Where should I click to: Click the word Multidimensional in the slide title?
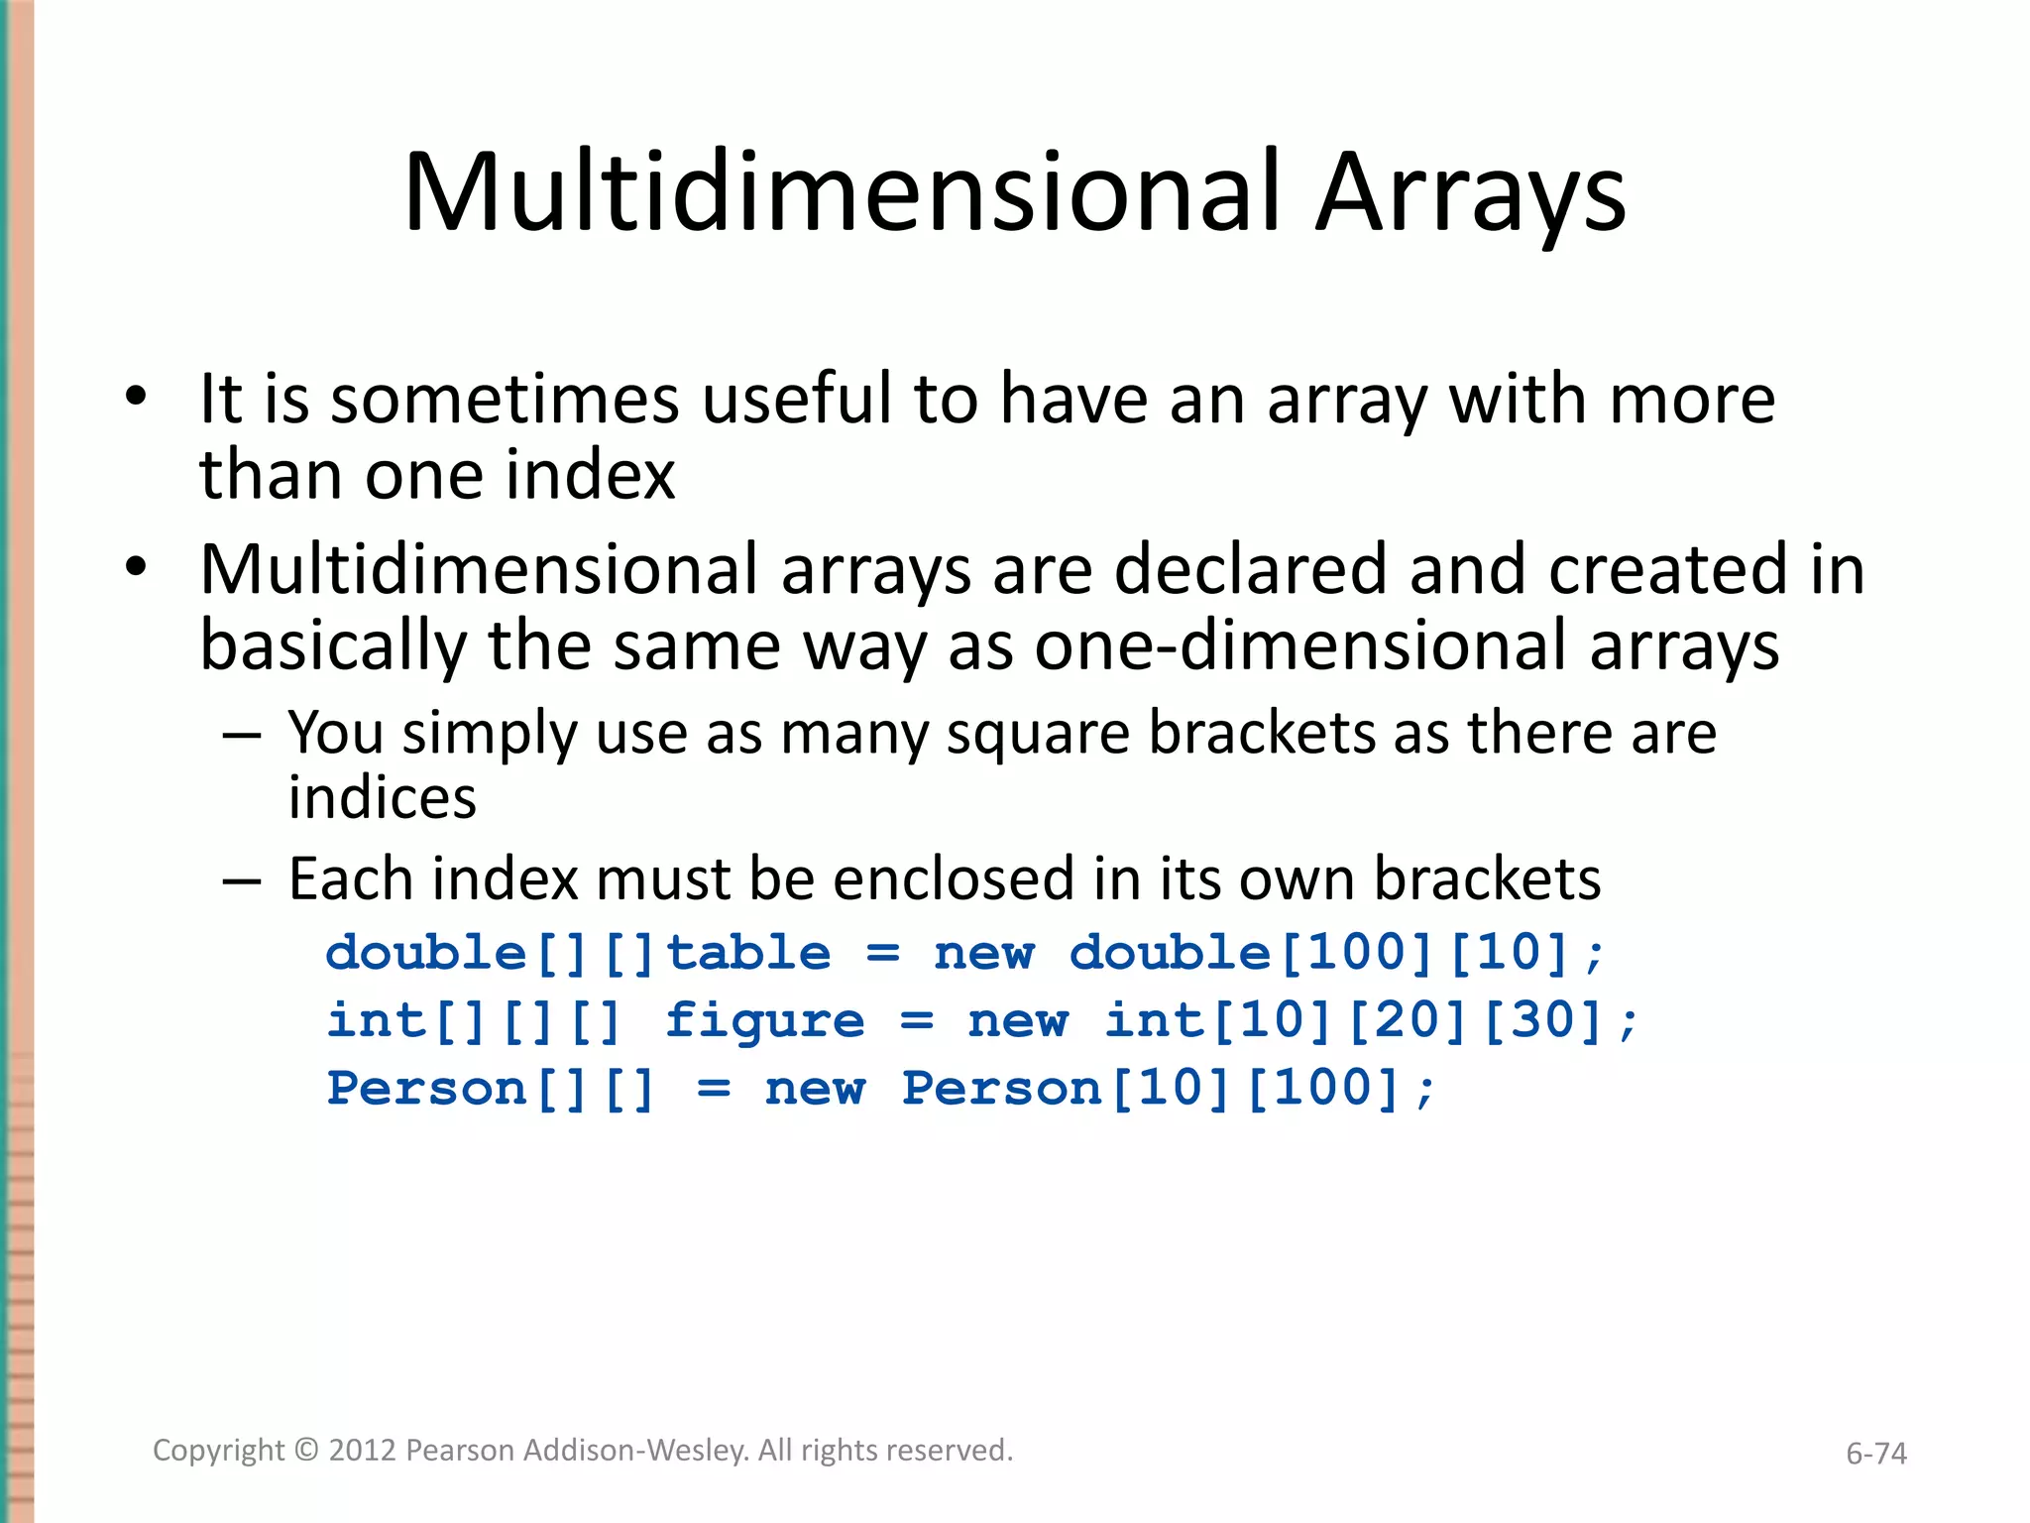tap(842, 193)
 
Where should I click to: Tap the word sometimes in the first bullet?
tap(505, 400)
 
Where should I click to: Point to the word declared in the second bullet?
tap(1251, 571)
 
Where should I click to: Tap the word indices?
tap(383, 799)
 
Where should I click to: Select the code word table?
tap(748, 953)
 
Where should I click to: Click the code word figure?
tap(764, 1021)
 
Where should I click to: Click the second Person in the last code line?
tap(1001, 1089)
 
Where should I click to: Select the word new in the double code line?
tap(984, 953)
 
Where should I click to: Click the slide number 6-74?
tap(1875, 1454)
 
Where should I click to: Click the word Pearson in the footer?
tap(460, 1451)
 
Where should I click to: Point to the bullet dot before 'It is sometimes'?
tap(136, 399)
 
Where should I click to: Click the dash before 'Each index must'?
tap(242, 880)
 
